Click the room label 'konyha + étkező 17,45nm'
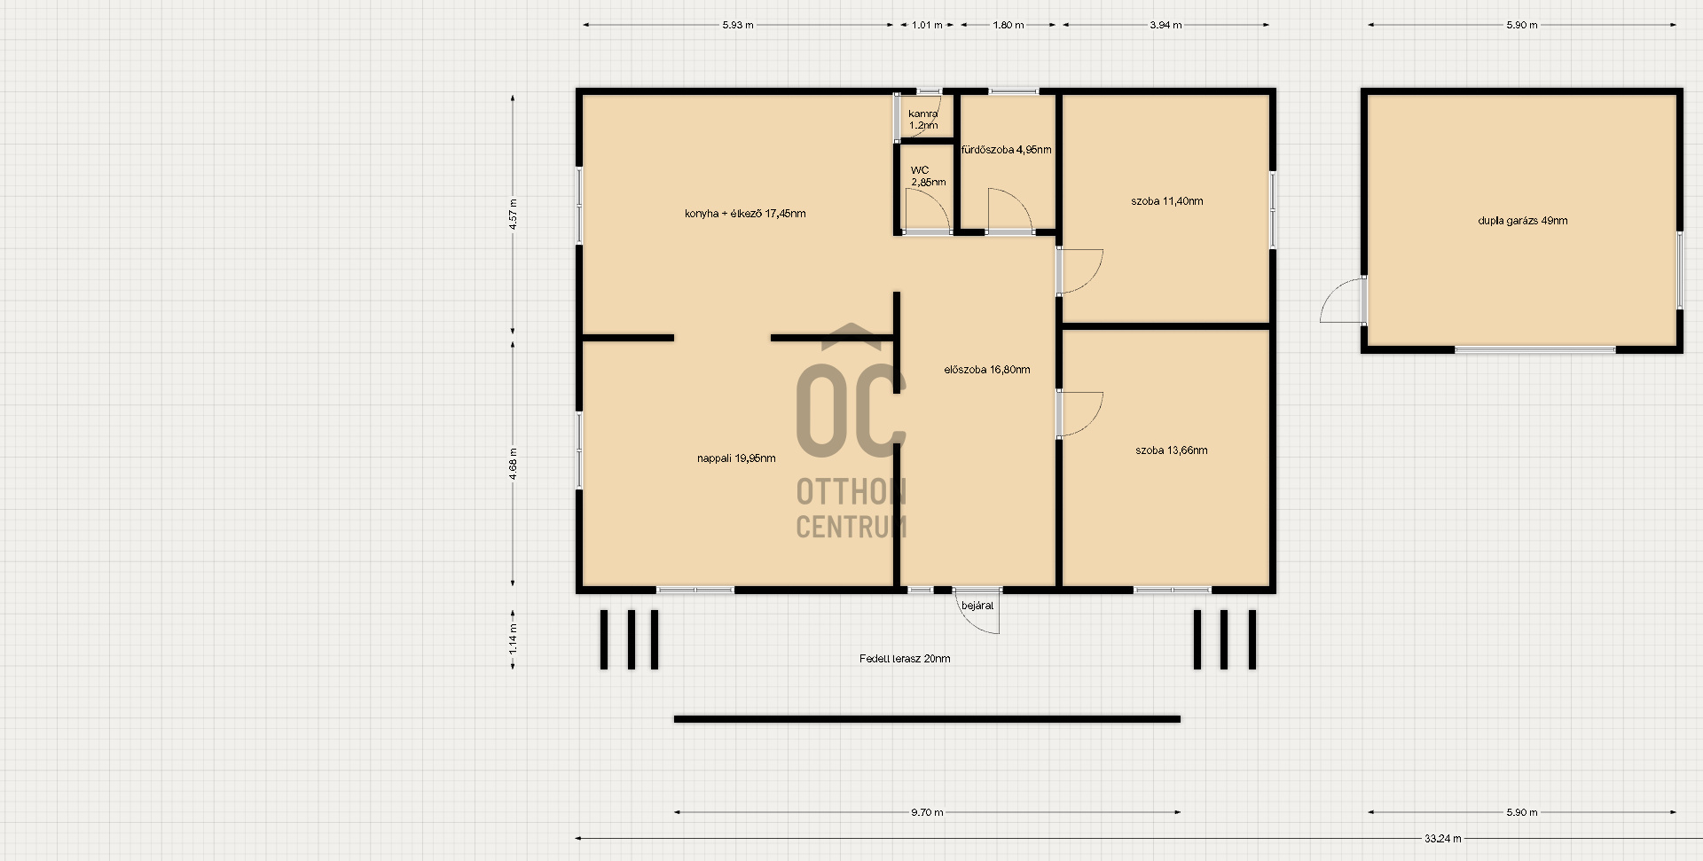click(x=745, y=214)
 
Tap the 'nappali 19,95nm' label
click(x=736, y=458)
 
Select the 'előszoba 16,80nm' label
click(x=987, y=370)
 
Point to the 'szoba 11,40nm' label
click(x=1167, y=201)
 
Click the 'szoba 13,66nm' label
click(x=1172, y=450)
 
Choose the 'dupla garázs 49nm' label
click(x=1523, y=221)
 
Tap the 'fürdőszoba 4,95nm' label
click(x=1007, y=150)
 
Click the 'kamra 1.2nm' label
click(x=923, y=120)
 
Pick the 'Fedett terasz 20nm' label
click(x=905, y=659)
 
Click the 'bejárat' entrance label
click(x=978, y=606)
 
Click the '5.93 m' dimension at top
click(x=738, y=25)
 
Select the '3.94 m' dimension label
click(x=1166, y=25)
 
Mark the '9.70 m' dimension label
click(x=927, y=812)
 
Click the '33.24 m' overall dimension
click(x=1443, y=838)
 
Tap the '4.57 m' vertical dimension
click(x=514, y=215)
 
